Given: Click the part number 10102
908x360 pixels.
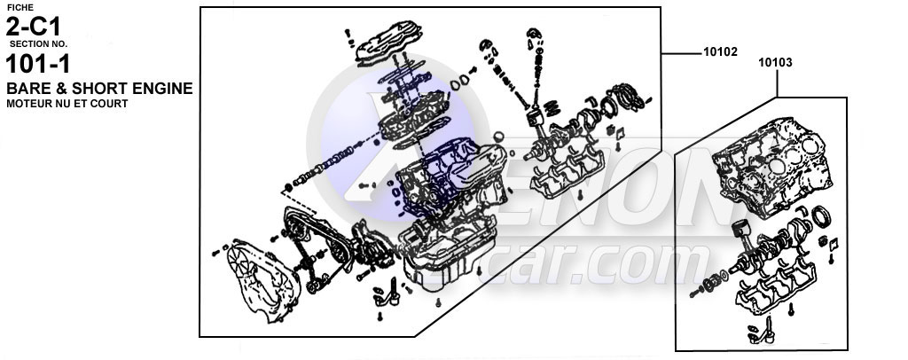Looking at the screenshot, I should [x=720, y=52].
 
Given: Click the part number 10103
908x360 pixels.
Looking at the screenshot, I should [x=775, y=63].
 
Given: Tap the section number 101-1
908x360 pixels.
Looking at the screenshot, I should [x=39, y=65].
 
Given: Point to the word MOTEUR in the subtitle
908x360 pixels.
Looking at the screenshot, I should [x=28, y=104].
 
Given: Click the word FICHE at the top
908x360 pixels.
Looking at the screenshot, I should [x=20, y=7].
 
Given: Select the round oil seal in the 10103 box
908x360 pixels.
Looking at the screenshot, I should [x=823, y=217].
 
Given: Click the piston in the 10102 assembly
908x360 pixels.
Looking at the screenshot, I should [x=536, y=119].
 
